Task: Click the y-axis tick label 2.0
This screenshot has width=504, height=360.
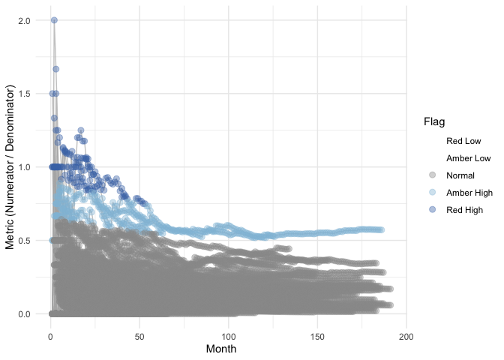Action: click(25, 20)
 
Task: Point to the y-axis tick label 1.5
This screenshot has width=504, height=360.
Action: click(25, 94)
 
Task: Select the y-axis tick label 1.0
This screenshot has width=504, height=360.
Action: click(25, 167)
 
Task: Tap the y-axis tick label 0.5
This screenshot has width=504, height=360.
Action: click(25, 240)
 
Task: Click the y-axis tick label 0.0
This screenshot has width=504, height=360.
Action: click(25, 313)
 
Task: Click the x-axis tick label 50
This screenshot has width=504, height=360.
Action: click(139, 335)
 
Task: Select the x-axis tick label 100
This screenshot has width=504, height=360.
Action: click(229, 335)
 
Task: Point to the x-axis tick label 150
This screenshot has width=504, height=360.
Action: click(317, 335)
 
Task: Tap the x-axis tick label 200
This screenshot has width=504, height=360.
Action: click(406, 335)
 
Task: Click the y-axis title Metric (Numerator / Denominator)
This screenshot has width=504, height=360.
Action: click(10, 167)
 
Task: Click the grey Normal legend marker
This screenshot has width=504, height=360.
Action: click(431, 175)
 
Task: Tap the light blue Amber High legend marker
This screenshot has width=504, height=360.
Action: click(431, 193)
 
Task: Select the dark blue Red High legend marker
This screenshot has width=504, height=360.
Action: click(431, 210)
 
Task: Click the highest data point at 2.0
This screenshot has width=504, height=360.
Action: click(54, 20)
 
